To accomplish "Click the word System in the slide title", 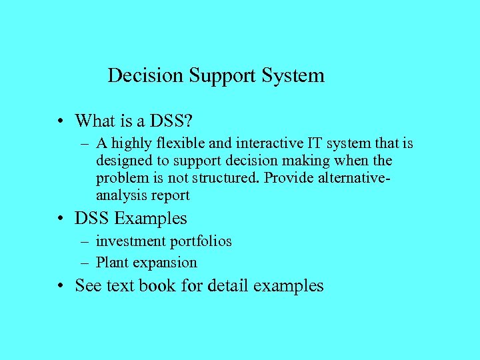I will click(293, 75).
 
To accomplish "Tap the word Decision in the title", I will click(145, 75).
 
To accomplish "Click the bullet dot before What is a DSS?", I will click(61, 121).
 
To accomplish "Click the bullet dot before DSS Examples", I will click(61, 219).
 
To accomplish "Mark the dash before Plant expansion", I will click(87, 263).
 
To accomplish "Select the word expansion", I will click(166, 263).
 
